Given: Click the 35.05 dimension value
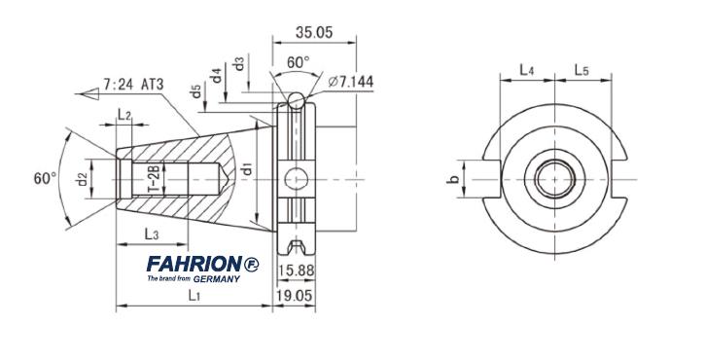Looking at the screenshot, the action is [x=314, y=32].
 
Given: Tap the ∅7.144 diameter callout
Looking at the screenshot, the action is [x=351, y=82].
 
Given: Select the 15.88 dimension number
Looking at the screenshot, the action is [x=296, y=270].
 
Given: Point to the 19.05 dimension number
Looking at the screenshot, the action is [x=296, y=296].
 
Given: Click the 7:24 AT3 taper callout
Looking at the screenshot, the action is [x=133, y=85].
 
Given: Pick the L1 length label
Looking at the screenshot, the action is [x=194, y=295].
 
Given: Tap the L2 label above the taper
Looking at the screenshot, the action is [x=124, y=114].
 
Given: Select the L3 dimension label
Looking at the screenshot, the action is [x=151, y=234].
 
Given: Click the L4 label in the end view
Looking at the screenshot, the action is [x=527, y=70].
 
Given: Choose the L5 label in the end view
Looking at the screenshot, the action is [x=582, y=70].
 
